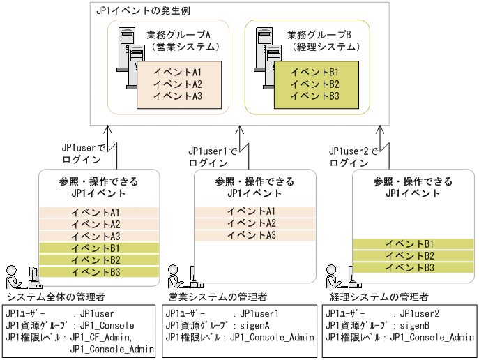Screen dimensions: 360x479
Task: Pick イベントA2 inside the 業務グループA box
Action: click(x=178, y=84)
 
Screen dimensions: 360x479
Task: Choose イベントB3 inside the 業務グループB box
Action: click(x=314, y=96)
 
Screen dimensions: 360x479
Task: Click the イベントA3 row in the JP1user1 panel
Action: click(x=252, y=236)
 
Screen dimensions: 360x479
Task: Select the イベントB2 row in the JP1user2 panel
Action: click(x=411, y=255)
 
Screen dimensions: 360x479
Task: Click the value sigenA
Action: click(x=256, y=326)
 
